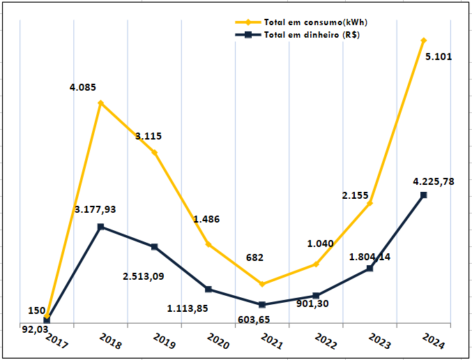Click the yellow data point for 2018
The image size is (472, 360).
pyautogui.click(x=101, y=103)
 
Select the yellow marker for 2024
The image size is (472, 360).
pyautogui.click(x=423, y=40)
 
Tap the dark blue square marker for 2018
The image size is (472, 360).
pyautogui.click(x=101, y=227)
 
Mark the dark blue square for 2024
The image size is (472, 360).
pyautogui.click(x=423, y=195)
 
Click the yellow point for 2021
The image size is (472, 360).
pyautogui.click(x=262, y=284)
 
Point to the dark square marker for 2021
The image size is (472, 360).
pyautogui.click(x=262, y=305)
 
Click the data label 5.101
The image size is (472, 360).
pyautogui.click(x=438, y=57)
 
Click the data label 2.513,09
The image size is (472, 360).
pyautogui.click(x=144, y=276)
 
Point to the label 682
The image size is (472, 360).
pyautogui.click(x=254, y=257)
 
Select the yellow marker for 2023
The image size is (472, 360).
pyautogui.click(x=370, y=203)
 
